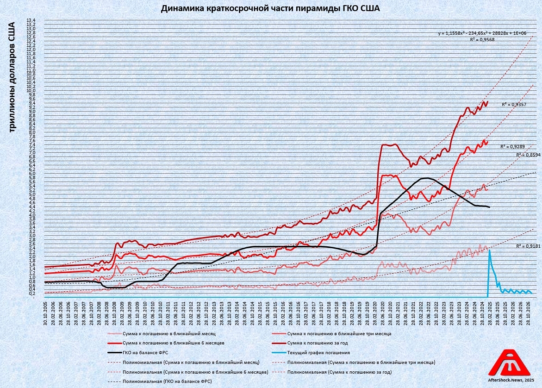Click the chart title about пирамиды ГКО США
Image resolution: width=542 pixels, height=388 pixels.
coord(270,8)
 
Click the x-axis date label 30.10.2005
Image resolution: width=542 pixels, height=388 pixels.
coord(45,313)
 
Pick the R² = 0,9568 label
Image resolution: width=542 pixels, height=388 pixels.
coord(482,40)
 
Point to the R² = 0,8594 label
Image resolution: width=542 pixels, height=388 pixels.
coord(529,155)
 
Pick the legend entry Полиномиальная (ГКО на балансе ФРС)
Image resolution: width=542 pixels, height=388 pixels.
coord(167,382)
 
